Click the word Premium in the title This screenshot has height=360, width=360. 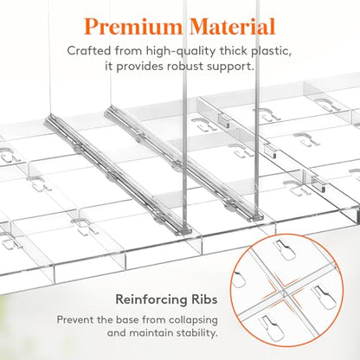click(x=133, y=27)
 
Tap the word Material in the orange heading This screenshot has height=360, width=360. click(x=233, y=27)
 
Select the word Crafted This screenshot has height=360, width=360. click(x=89, y=51)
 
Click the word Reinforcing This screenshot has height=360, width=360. click(x=151, y=299)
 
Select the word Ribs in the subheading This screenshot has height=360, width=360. click(x=204, y=299)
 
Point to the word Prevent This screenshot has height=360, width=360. click(x=74, y=319)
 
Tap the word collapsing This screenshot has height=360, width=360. click(x=193, y=320)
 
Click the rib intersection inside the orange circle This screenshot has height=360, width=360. click(x=284, y=291)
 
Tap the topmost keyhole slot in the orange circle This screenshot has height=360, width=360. click(x=284, y=250)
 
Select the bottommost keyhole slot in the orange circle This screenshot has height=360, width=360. click(x=271, y=326)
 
